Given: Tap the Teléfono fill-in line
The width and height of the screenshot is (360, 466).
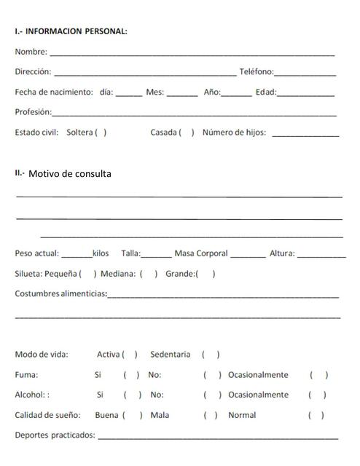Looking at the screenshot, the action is (x=305, y=74).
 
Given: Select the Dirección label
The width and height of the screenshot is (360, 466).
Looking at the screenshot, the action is (x=33, y=72).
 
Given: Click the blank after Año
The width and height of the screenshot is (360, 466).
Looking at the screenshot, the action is (x=235, y=94).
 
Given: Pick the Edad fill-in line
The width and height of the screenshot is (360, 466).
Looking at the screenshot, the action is (x=305, y=94).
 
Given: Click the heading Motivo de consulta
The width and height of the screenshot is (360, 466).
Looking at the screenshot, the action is (x=70, y=173).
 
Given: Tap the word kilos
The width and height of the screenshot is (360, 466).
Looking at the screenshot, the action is (x=101, y=253).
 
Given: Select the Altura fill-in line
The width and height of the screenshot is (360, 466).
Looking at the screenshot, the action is (x=321, y=256).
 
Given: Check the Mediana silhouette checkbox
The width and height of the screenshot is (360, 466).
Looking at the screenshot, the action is (x=149, y=274).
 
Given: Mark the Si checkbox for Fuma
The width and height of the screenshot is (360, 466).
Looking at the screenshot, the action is (x=131, y=375).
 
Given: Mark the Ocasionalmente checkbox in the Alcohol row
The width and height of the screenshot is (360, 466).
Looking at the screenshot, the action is (x=317, y=395).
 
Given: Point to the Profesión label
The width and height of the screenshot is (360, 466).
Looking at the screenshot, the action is (x=33, y=112).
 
